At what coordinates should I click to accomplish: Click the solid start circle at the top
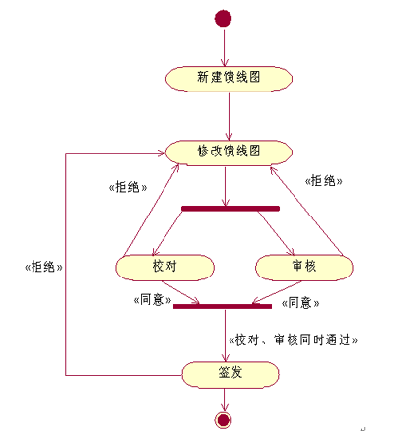(x=223, y=18)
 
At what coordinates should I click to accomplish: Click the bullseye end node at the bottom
(x=223, y=420)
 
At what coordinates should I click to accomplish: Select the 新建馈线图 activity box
(x=229, y=79)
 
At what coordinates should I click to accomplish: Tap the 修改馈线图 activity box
(x=229, y=153)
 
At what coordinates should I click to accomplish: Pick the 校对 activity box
(x=164, y=268)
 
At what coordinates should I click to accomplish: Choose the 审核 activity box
(x=304, y=268)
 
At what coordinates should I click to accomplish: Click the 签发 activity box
(x=230, y=375)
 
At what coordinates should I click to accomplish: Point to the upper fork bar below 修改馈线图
(x=230, y=209)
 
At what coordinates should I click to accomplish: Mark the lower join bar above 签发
(x=223, y=306)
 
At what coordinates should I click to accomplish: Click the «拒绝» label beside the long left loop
(x=43, y=267)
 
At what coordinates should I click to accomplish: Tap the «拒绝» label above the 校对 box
(x=128, y=187)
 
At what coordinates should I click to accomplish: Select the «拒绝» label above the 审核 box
(x=323, y=181)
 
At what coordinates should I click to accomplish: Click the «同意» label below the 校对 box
(x=153, y=300)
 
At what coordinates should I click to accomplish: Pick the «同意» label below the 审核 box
(x=300, y=302)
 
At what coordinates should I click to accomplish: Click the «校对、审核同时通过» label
(x=294, y=340)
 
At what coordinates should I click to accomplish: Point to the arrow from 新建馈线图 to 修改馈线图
(x=229, y=116)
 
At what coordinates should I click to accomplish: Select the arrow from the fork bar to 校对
(x=166, y=233)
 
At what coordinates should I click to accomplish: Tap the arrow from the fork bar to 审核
(x=276, y=233)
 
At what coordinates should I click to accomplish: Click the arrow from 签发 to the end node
(x=224, y=400)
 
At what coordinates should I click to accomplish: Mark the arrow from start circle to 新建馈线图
(x=224, y=47)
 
